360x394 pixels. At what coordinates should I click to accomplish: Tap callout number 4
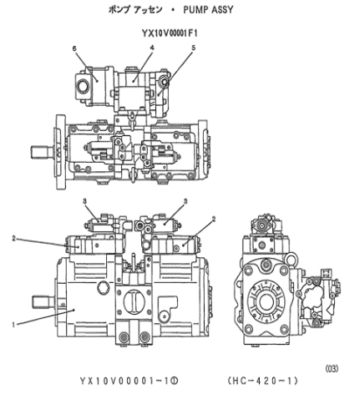151,49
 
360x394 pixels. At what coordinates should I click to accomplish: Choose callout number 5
193,49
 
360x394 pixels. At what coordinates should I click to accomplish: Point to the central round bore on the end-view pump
271,299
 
